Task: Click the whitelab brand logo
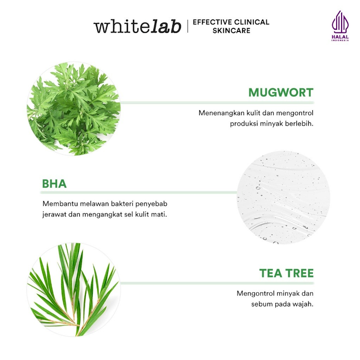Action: (137, 26)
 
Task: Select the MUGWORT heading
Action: (281, 93)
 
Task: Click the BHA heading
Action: (54, 184)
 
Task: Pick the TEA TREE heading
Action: (286, 273)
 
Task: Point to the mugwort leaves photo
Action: (73, 108)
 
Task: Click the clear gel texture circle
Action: (283, 198)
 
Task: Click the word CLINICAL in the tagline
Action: (250, 22)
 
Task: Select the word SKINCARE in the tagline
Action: (231, 31)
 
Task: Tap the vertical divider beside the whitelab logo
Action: (188, 26)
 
